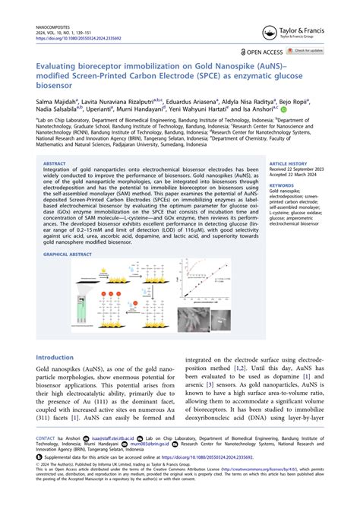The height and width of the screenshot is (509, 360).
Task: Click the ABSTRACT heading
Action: coord(55,163)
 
